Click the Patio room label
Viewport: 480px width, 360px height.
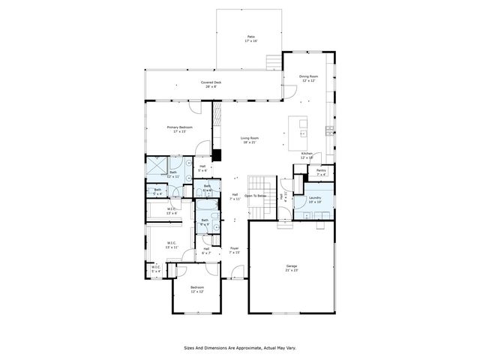(250, 39)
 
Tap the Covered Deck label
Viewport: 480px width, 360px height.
(211, 84)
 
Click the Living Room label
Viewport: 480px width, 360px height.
(249, 140)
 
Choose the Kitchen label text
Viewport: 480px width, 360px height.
(306, 155)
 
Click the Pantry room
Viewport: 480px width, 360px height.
(321, 173)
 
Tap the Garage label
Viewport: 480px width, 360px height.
(291, 268)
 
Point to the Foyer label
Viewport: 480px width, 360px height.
(234, 250)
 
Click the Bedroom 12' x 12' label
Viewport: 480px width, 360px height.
(196, 290)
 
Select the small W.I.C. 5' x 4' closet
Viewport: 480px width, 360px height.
(156, 269)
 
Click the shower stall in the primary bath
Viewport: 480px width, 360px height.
(157, 167)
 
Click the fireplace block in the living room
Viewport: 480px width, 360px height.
(216, 156)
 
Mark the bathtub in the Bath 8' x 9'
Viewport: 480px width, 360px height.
(215, 224)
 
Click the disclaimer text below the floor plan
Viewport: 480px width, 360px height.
(239, 348)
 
